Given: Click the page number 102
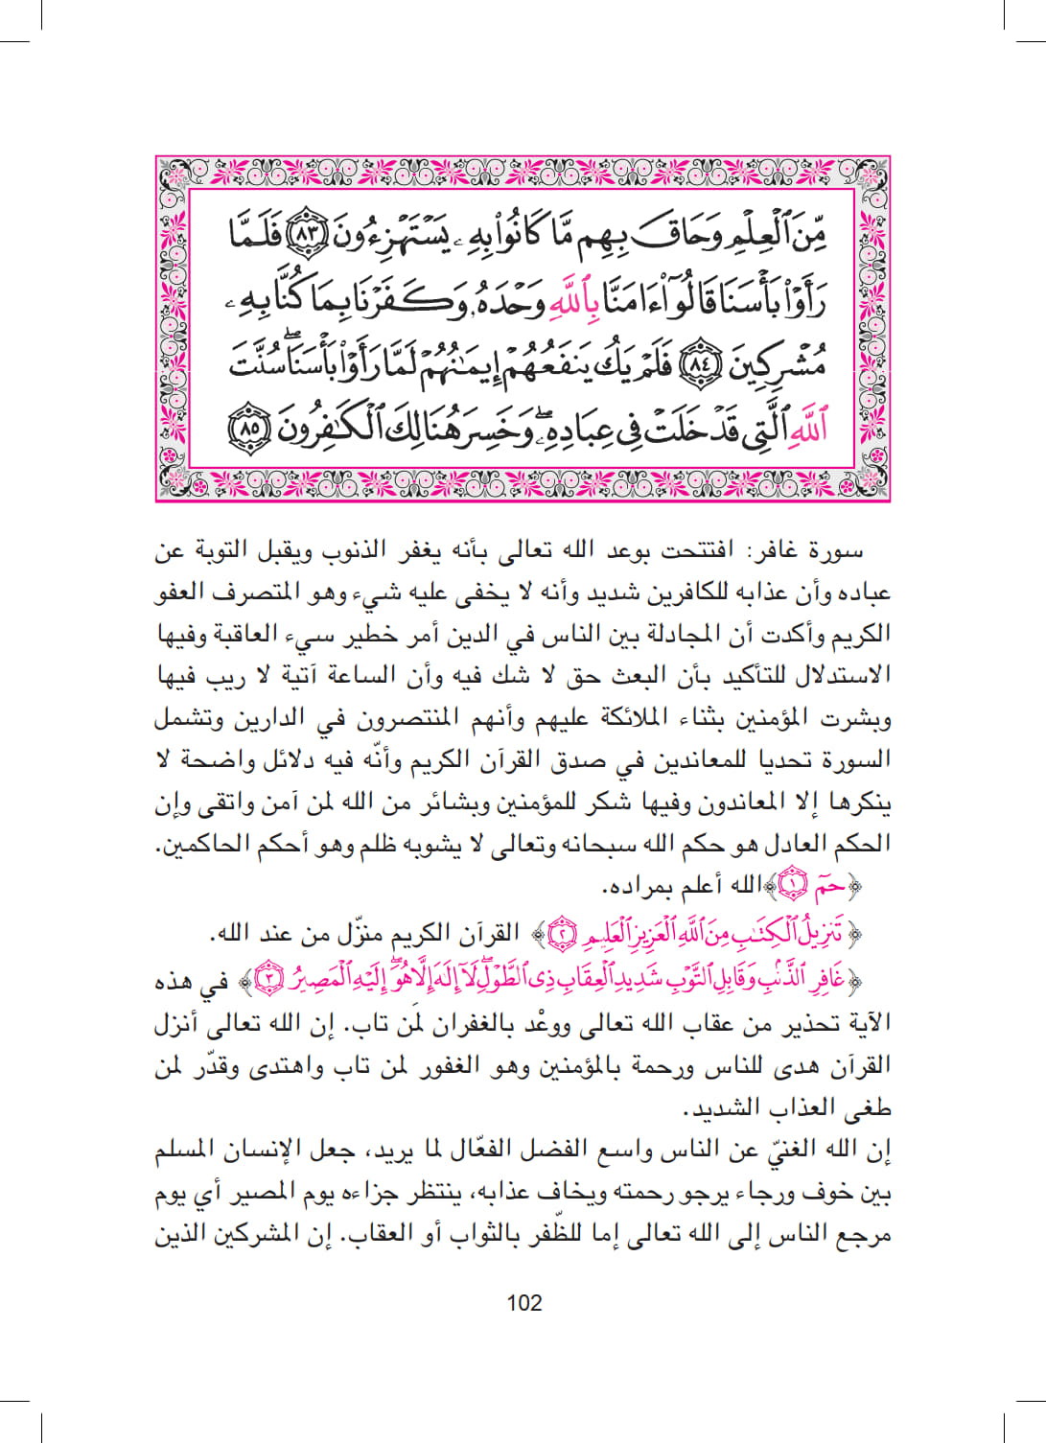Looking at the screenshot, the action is click(x=523, y=1302).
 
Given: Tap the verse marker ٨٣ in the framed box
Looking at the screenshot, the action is click(x=309, y=233).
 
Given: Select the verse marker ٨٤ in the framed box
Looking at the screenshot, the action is click(x=697, y=362).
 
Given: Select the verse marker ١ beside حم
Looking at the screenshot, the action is click(x=793, y=885).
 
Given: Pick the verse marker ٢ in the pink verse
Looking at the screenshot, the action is click(x=563, y=932).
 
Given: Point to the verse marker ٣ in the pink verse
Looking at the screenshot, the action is click(x=272, y=979).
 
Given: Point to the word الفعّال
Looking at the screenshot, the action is click(x=480, y=1149).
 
